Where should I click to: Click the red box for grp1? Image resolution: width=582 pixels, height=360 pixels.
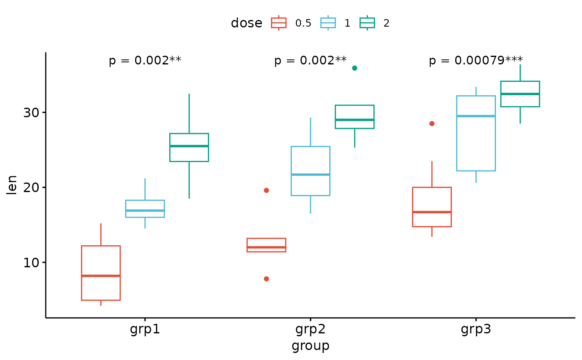coord(101,273)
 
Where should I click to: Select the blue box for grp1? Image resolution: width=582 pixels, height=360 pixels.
coord(145,209)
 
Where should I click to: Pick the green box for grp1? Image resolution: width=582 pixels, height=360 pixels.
coord(189,147)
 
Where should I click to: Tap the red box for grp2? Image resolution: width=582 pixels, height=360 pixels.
coord(266,245)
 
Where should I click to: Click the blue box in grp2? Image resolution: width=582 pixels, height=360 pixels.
coord(310,171)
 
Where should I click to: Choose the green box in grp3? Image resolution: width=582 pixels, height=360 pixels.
coord(520,94)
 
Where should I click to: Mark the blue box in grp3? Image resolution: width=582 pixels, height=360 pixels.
coord(476,133)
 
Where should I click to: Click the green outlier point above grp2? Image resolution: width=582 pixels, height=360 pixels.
coord(355,68)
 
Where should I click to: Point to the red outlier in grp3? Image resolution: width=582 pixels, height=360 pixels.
coord(432,123)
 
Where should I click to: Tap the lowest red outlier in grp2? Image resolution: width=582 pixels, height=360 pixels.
coord(266,279)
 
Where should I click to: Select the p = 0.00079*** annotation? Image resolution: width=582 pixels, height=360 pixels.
coord(476,61)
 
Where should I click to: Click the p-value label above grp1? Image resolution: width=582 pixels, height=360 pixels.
coord(145,61)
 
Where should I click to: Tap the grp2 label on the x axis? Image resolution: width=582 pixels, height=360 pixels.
coord(310,330)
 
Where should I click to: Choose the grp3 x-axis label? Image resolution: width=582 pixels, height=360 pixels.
coord(476,330)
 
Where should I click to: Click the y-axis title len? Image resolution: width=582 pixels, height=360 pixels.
coord(12,185)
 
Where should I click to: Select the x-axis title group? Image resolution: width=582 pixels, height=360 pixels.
coord(310,346)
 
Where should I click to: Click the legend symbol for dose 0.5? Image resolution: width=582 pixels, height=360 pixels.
coord(279,23)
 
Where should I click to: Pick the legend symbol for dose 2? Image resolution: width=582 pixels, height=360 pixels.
coord(367,23)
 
